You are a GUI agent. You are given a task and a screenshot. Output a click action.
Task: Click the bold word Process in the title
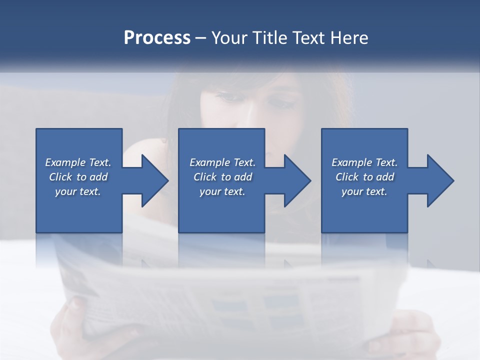point(157,38)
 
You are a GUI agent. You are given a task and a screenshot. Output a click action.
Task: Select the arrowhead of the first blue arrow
point(154,180)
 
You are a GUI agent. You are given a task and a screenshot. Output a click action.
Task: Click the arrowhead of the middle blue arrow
point(297,180)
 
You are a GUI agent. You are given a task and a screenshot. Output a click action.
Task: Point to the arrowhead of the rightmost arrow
point(440,180)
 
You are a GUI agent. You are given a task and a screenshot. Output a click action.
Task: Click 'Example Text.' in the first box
point(78,162)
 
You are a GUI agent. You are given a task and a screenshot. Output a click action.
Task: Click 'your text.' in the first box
point(78,191)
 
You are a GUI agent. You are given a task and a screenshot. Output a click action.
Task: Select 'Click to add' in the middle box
point(222,177)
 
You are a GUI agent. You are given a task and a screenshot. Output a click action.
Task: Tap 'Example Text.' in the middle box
point(222,162)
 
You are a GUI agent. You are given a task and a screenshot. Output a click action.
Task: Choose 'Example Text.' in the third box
point(364,162)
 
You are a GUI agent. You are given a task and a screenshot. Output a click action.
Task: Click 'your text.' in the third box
point(364,191)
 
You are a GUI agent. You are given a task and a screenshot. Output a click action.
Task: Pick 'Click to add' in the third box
point(364,177)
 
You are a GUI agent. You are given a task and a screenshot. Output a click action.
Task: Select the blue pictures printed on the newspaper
point(280,310)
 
